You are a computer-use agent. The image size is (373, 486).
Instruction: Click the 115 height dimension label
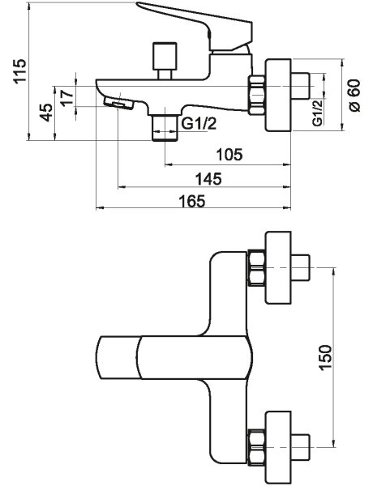tap(19, 71)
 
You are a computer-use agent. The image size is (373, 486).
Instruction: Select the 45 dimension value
tap(46, 113)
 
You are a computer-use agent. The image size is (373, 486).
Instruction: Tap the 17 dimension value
tap(67, 97)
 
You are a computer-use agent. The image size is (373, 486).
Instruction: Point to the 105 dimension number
tap(229, 155)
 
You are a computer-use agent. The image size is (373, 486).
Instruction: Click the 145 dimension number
tap(208, 179)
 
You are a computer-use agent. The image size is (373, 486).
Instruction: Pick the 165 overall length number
tap(192, 201)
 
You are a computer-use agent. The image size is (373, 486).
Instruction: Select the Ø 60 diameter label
tap(354, 96)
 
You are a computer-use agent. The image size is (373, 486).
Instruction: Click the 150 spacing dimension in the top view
tap(325, 357)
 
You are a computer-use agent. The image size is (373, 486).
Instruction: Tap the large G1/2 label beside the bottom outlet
tap(199, 124)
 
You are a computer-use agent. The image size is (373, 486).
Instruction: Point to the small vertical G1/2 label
tap(317, 113)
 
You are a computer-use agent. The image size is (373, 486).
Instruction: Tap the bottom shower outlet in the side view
tap(165, 128)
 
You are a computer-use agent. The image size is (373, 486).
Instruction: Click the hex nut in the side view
tap(256, 95)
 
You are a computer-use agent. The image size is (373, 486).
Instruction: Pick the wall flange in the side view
tap(278, 96)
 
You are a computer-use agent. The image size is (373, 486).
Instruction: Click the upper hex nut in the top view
tap(256, 268)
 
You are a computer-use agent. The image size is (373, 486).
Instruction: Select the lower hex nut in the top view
tap(256, 447)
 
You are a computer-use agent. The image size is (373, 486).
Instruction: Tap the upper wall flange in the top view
tap(278, 267)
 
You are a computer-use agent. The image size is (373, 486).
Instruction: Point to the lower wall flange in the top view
tap(278, 447)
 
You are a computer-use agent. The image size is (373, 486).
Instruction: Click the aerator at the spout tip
tap(118, 103)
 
